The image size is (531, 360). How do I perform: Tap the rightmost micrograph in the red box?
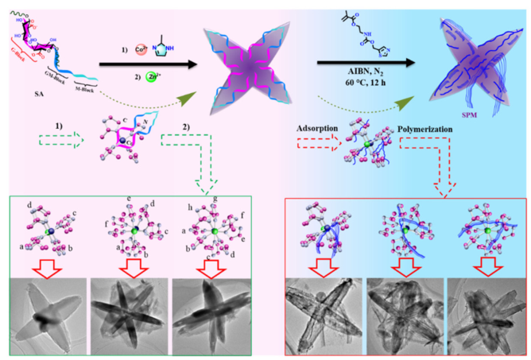[x=486, y=308]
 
